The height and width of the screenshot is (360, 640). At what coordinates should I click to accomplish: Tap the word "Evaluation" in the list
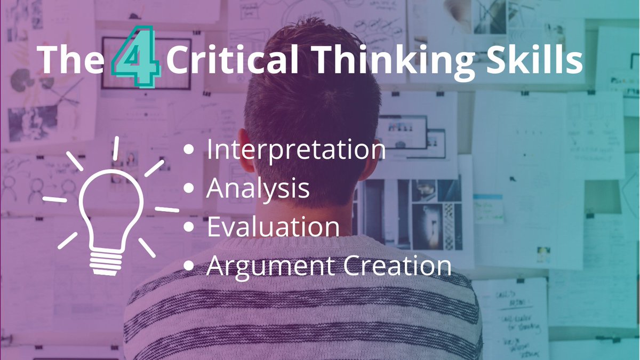(273, 227)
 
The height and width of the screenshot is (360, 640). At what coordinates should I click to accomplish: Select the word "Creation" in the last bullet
(397, 265)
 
